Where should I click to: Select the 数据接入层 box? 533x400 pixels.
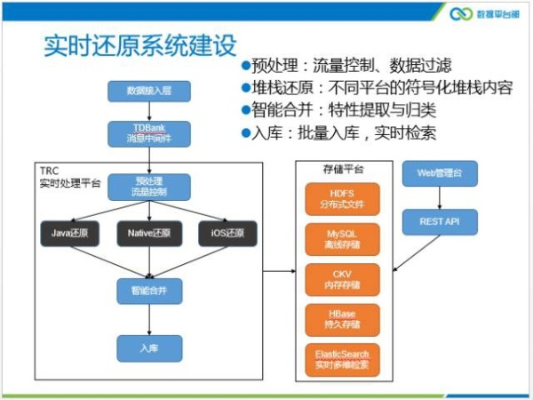coord(148,92)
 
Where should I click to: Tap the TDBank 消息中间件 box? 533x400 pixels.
coord(148,134)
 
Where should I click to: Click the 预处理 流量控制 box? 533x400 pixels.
coord(149,187)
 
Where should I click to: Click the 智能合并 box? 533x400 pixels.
coord(149,291)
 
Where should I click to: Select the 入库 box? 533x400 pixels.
coord(149,348)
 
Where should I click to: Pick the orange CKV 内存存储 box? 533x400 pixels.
coord(342,279)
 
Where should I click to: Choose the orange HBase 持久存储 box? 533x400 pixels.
coord(342,319)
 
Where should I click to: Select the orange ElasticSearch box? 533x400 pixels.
coord(342,359)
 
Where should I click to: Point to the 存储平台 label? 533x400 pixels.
coord(342,168)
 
